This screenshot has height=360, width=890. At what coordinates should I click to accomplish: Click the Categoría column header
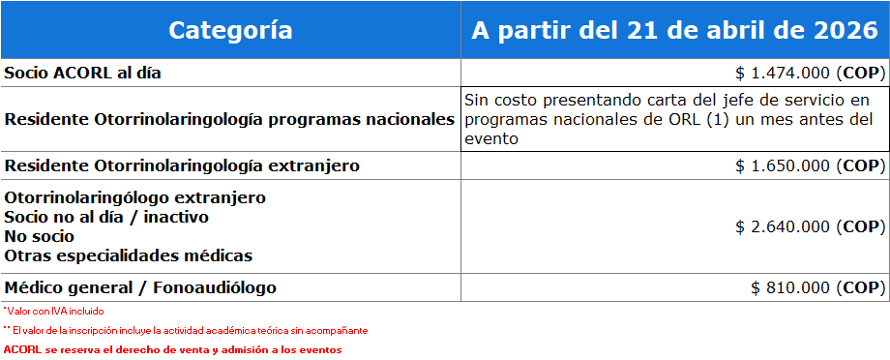pyautogui.click(x=230, y=30)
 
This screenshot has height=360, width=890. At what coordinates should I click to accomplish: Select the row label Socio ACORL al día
pyautogui.click(x=83, y=74)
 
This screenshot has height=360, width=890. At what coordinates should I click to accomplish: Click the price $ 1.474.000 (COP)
pyautogui.click(x=811, y=74)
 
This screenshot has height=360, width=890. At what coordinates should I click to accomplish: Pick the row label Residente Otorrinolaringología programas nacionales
pyautogui.click(x=229, y=119)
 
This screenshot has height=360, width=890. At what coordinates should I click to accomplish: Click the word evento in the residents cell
pyautogui.click(x=491, y=139)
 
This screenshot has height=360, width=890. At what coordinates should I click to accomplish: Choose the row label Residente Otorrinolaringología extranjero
pyautogui.click(x=182, y=165)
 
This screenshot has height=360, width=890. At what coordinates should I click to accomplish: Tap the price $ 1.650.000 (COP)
pyautogui.click(x=811, y=165)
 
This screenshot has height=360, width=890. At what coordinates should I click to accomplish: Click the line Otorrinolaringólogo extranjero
pyautogui.click(x=135, y=198)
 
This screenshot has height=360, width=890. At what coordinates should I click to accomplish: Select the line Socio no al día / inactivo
pyautogui.click(x=106, y=218)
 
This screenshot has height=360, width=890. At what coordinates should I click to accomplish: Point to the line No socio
pyautogui.click(x=39, y=236)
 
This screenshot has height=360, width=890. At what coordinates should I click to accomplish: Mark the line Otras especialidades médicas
pyautogui.click(x=129, y=255)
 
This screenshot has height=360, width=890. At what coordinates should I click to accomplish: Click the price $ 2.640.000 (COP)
pyautogui.click(x=811, y=227)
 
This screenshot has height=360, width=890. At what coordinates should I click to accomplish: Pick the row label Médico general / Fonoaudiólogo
pyautogui.click(x=140, y=287)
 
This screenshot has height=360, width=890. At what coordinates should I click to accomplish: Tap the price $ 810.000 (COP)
pyautogui.click(x=817, y=287)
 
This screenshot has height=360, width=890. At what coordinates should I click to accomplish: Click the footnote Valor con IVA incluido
pyautogui.click(x=54, y=312)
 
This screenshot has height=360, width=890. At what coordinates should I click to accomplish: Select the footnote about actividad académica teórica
pyautogui.click(x=186, y=330)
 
